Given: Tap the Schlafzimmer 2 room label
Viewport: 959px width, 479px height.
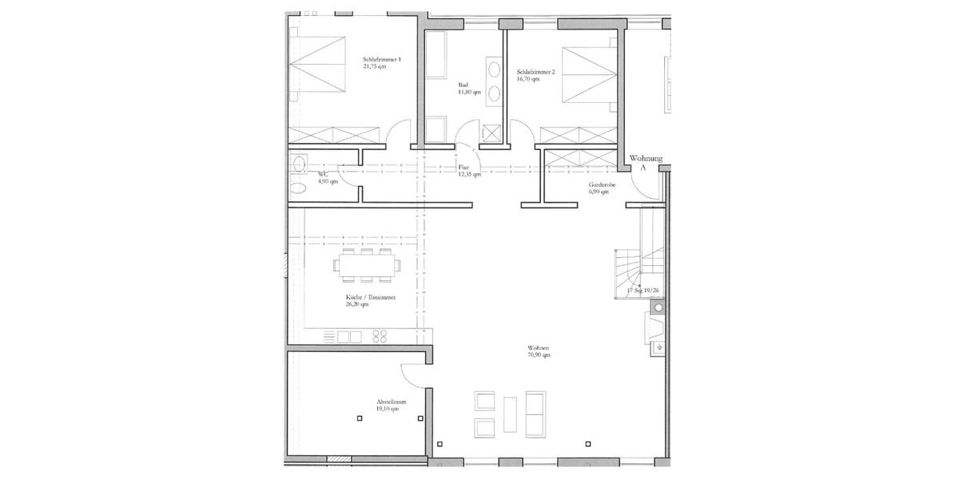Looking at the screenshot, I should click(535, 75).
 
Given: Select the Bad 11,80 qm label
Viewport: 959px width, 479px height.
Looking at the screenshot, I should click(468, 89).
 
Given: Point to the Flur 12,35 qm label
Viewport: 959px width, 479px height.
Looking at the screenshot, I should click(468, 171).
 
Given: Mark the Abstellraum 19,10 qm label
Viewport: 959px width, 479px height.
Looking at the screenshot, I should click(392, 405).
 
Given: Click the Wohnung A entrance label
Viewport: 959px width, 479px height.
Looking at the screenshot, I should click(646, 163).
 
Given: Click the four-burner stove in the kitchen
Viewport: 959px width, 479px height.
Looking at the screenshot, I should click(380, 336).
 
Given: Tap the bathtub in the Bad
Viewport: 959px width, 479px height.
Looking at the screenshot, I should click(436, 56).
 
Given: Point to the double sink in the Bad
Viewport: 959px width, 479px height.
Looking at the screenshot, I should click(494, 81).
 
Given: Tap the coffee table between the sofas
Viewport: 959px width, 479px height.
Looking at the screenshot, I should click(511, 414).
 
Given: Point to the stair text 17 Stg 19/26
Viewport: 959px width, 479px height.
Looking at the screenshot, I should click(643, 291).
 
